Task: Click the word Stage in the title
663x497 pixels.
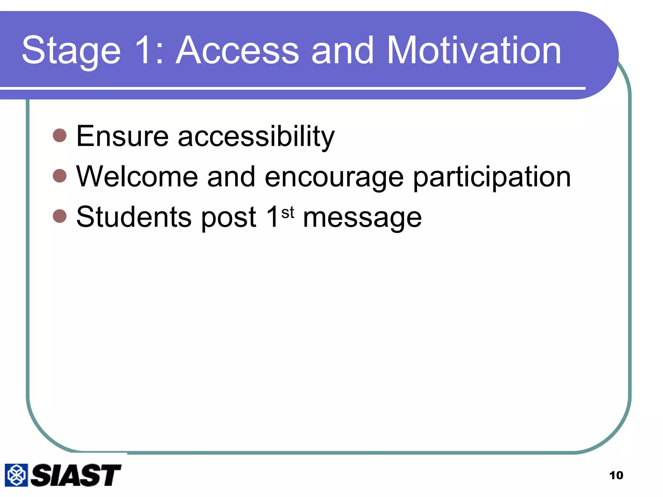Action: coord(71,51)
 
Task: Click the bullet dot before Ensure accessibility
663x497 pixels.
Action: coord(60,135)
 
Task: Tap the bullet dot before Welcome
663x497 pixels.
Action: coord(60,176)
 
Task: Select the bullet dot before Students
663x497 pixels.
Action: coord(60,216)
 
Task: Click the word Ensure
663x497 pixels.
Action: coord(122,136)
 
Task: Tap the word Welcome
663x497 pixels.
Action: coord(137,177)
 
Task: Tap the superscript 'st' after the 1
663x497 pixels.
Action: coord(287,213)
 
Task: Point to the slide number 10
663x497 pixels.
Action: coord(616,475)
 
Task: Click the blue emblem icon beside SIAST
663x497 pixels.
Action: coord(16,475)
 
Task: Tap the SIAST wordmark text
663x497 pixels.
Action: coord(76,475)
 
